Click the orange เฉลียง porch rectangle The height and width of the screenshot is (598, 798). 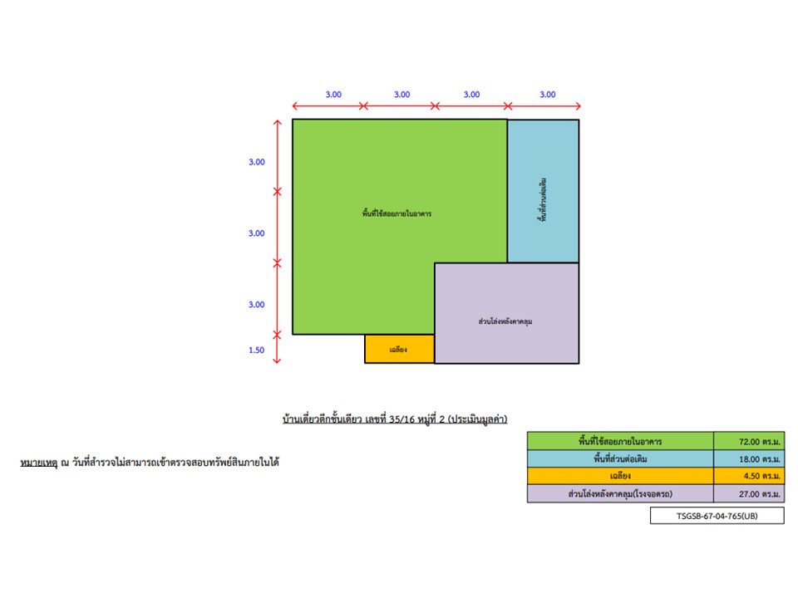[x=400, y=349]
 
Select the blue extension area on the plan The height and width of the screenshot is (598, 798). [x=543, y=191]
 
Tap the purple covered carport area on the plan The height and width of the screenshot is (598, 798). [x=506, y=313]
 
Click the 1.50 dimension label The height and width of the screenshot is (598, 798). [x=257, y=350]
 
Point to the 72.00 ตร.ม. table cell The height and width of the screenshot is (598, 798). [x=749, y=441]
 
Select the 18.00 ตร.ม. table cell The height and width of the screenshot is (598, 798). [x=749, y=458]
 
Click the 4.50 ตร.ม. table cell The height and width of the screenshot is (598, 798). [x=749, y=476]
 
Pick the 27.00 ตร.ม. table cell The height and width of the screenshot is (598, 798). [x=749, y=493]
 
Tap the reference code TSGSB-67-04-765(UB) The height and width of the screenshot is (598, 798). [x=717, y=516]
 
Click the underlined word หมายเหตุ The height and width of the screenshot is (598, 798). [x=39, y=463]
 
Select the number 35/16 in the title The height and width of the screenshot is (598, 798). [x=402, y=419]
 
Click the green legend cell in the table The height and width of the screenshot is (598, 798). [x=620, y=441]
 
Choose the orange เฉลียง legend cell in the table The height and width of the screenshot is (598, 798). [x=620, y=476]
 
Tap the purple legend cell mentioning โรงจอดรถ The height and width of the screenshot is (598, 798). [x=620, y=493]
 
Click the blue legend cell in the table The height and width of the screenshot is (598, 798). [x=620, y=458]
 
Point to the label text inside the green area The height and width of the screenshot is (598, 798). [x=397, y=213]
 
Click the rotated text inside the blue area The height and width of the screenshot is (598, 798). [x=543, y=199]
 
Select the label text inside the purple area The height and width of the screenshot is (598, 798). [x=505, y=321]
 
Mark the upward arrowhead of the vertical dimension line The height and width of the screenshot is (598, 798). [x=277, y=123]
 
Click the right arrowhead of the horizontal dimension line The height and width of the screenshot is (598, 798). [x=578, y=106]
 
